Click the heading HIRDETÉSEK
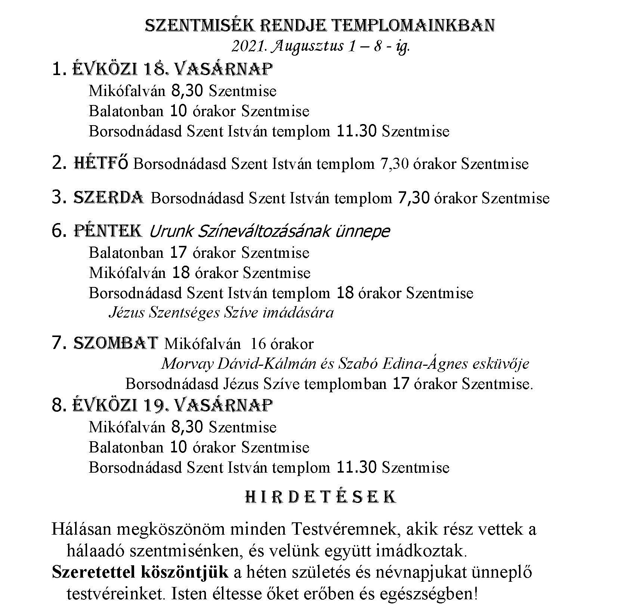321,497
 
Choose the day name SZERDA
109,197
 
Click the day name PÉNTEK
108,231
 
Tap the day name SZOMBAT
116,343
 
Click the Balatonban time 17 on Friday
178,253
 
